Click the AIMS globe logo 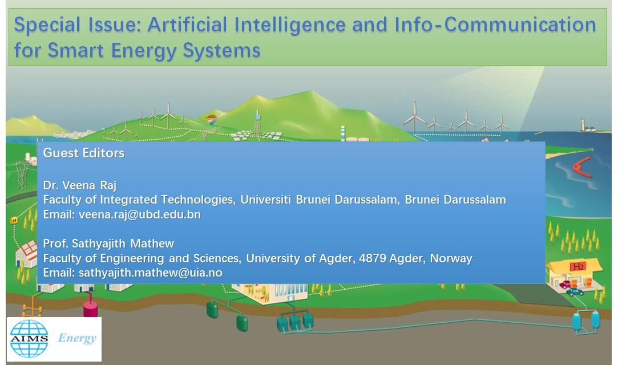click(x=29, y=338)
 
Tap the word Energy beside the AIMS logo click(x=77, y=338)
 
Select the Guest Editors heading click(x=83, y=153)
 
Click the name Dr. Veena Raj click(x=80, y=185)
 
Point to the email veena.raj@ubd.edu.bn click(x=140, y=214)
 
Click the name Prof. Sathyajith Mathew click(x=108, y=244)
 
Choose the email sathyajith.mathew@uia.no click(x=151, y=273)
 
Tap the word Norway click(x=451, y=258)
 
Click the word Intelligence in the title click(x=290, y=25)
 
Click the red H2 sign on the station click(x=578, y=267)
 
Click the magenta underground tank click(x=90, y=307)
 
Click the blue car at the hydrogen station click(x=575, y=292)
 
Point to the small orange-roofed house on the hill click(x=212, y=117)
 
